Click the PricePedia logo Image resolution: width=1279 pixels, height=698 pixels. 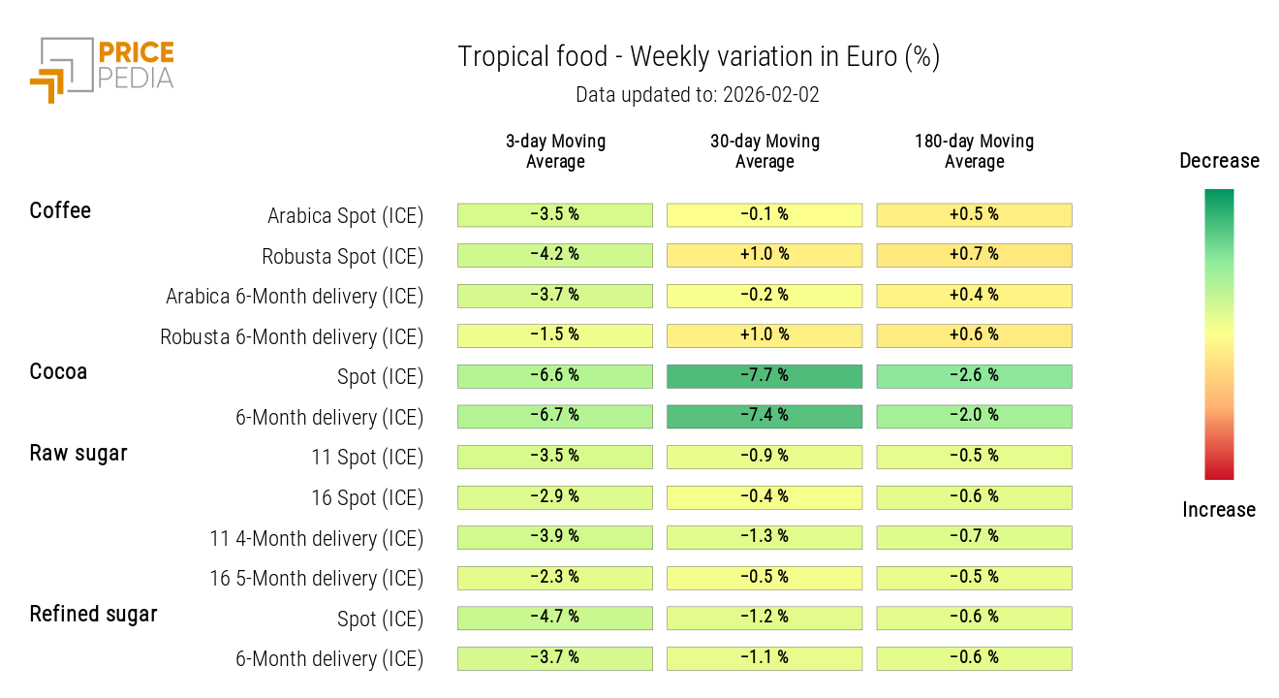(x=102, y=68)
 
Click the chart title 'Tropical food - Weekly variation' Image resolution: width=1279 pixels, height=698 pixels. (x=698, y=57)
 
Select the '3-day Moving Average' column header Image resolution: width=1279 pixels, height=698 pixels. (x=555, y=151)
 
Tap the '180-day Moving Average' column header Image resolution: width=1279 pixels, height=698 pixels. (x=974, y=151)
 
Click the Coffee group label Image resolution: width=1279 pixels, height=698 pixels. (x=60, y=210)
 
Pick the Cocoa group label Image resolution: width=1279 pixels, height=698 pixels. (x=58, y=371)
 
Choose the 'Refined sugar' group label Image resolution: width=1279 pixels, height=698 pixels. (x=93, y=614)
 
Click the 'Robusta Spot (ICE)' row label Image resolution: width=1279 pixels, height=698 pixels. (x=342, y=257)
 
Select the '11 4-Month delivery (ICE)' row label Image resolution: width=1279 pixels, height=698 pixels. (x=316, y=539)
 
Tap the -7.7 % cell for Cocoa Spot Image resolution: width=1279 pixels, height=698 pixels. (x=764, y=376)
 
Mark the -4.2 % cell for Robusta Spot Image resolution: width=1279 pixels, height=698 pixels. (x=555, y=255)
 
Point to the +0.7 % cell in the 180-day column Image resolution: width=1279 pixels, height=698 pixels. (x=974, y=255)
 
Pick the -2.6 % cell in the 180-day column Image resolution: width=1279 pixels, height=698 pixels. (x=974, y=376)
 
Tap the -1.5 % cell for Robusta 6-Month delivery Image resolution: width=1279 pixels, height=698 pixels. (x=555, y=335)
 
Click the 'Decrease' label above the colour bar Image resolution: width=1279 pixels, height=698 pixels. (x=1219, y=161)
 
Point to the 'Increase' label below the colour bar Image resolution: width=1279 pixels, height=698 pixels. (x=1219, y=510)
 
